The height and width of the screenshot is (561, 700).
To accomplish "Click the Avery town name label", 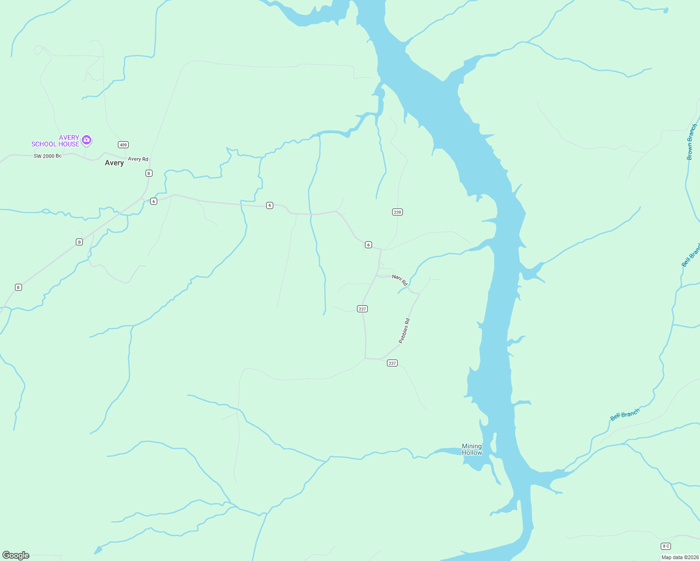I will [x=114, y=163].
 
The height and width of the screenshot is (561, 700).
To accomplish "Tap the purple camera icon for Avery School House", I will [x=86, y=140].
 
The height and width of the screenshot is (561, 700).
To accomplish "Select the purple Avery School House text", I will [x=55, y=141].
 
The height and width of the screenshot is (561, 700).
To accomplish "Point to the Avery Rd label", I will [x=138, y=159].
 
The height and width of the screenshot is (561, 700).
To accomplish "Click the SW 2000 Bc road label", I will [x=47, y=156].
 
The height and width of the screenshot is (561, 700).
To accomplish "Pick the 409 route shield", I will [x=123, y=144].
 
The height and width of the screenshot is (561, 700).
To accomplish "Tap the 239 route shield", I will [x=397, y=212].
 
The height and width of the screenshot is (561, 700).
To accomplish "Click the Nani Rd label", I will [x=400, y=280].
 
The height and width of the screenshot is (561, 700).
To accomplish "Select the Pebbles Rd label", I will [x=404, y=331].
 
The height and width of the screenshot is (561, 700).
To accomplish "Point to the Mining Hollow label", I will [x=472, y=449].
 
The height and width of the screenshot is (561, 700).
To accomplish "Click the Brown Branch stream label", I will [x=692, y=142].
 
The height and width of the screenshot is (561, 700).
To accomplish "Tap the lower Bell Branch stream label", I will [x=625, y=415].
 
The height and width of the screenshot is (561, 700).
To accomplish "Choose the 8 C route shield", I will [x=666, y=546].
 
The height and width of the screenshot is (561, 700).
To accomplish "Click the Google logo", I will [x=16, y=555].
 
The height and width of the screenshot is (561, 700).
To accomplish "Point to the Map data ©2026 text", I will [x=679, y=557].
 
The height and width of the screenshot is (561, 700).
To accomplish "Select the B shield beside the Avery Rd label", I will [x=149, y=173].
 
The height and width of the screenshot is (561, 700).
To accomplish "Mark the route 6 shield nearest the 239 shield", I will [x=369, y=245].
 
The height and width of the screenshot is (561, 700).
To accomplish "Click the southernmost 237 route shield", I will [x=392, y=363].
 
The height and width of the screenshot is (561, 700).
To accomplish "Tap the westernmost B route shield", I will [x=18, y=287].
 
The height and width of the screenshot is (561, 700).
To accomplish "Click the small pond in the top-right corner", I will [x=666, y=10].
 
